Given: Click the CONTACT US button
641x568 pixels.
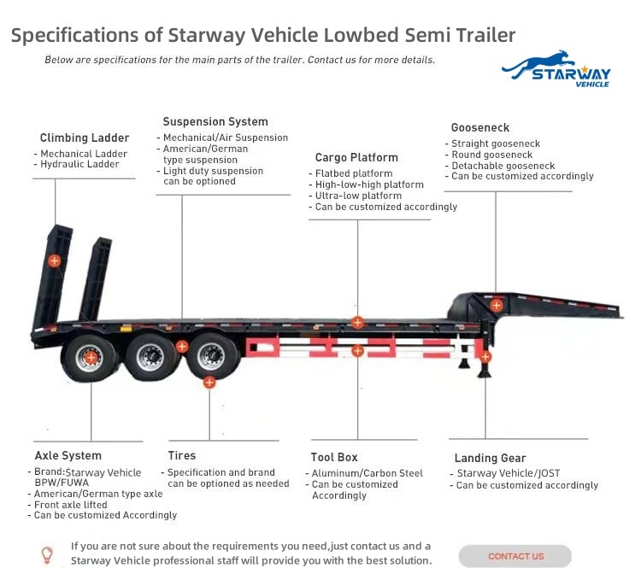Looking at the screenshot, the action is (515, 556).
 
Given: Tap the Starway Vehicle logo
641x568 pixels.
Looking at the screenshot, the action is (556, 69).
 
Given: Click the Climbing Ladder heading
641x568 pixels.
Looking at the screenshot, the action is (85, 138).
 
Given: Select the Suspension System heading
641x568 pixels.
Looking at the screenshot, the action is (215, 121).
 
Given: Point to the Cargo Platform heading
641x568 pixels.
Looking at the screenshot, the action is (356, 157).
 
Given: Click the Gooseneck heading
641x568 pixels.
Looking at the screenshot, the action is (480, 127).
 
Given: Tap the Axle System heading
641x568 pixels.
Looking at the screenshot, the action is (68, 455).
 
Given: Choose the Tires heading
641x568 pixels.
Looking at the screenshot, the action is (182, 455).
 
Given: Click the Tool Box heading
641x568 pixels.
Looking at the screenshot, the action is (334, 457).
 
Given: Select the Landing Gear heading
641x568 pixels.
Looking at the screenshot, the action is (491, 458).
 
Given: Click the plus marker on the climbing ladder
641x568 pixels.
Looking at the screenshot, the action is (55, 261).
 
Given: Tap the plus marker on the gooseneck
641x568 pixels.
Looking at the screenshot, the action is (497, 305).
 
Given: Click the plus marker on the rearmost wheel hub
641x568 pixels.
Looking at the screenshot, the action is (91, 358).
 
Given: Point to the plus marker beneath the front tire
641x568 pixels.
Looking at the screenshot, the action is (209, 383).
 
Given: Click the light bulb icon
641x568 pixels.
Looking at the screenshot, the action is (47, 555).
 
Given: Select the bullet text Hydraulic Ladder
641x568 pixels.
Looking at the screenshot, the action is (79, 164).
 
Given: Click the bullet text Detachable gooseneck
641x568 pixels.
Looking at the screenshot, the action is (503, 166).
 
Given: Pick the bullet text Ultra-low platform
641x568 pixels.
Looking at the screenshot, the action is (358, 196).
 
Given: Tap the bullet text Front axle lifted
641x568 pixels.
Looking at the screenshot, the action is (71, 505).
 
